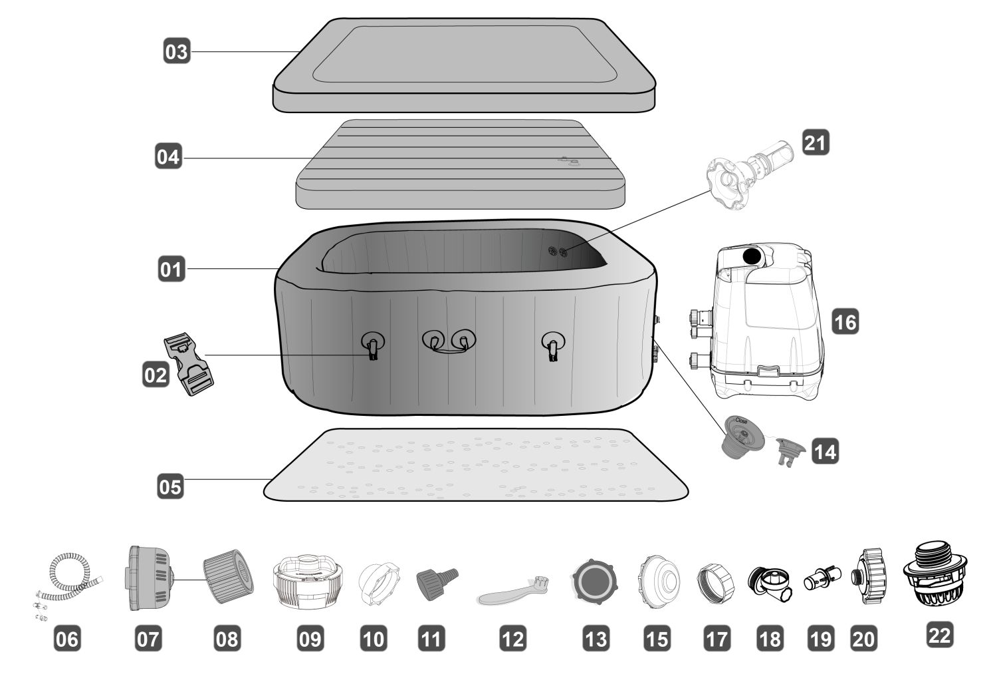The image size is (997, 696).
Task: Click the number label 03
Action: [177, 51]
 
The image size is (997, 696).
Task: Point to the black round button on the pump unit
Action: [752, 256]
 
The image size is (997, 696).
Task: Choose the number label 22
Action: [939, 635]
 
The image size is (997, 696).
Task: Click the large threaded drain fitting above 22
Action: [935, 575]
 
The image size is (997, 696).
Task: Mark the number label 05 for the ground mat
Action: [169, 486]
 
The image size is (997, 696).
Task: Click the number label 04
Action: [168, 158]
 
